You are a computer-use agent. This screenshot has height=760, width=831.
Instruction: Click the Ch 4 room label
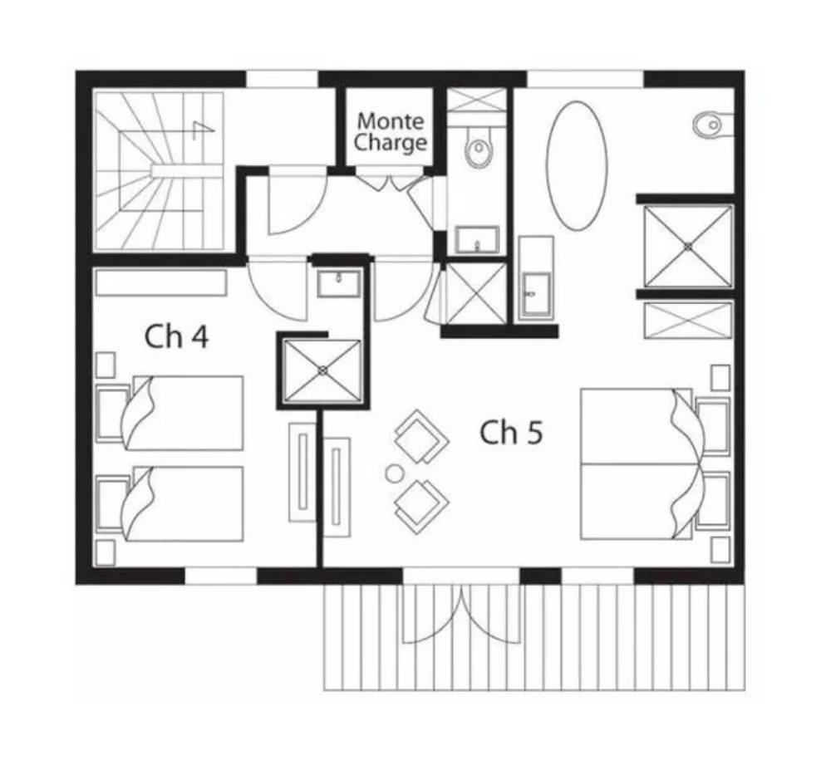[x=176, y=336]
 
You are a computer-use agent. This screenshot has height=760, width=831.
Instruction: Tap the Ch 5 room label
[x=511, y=432]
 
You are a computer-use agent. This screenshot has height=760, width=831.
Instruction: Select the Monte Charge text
[x=391, y=132]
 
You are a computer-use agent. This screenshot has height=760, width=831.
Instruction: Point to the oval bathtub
[x=577, y=165]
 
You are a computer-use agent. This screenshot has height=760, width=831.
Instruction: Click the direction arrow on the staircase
[x=204, y=130]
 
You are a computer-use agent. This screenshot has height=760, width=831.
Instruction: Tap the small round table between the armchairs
[x=394, y=473]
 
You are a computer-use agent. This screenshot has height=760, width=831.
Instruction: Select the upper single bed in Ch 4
[x=170, y=413]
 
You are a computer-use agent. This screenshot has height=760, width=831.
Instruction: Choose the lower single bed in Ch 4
[x=170, y=503]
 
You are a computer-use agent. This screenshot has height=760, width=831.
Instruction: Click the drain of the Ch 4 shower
[x=322, y=370]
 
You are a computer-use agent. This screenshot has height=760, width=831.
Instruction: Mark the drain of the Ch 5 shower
[x=688, y=246]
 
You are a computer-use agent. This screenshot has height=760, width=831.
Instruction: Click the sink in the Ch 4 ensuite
[x=339, y=284]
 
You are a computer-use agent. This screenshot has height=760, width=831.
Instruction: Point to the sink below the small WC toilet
[x=477, y=240]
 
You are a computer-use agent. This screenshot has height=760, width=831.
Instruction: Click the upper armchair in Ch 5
[x=422, y=437]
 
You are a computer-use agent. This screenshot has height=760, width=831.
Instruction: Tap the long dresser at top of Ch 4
[x=161, y=282]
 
